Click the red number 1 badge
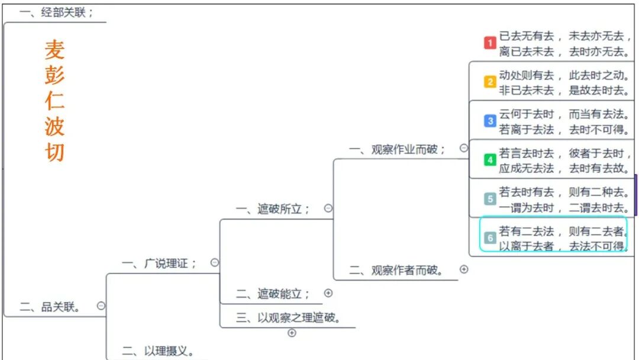tap(490, 43)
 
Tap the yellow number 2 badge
tap(490, 82)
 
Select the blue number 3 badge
tap(490, 121)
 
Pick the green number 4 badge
tap(490, 160)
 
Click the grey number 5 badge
tap(490, 199)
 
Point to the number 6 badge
tap(490, 238)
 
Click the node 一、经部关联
tap(56, 12)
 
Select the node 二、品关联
tap(50, 307)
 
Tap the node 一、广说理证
tap(159, 263)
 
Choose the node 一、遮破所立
tap(273, 208)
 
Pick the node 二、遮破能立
tap(273, 293)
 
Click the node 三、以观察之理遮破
tap(289, 317)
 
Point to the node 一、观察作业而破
tap(397, 149)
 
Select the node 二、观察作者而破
tap(397, 270)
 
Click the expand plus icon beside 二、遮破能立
tap(328, 292)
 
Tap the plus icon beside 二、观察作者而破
tap(464, 269)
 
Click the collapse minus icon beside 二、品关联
tap(101, 306)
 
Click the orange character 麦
tap(54, 50)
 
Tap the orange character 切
tap(54, 152)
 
